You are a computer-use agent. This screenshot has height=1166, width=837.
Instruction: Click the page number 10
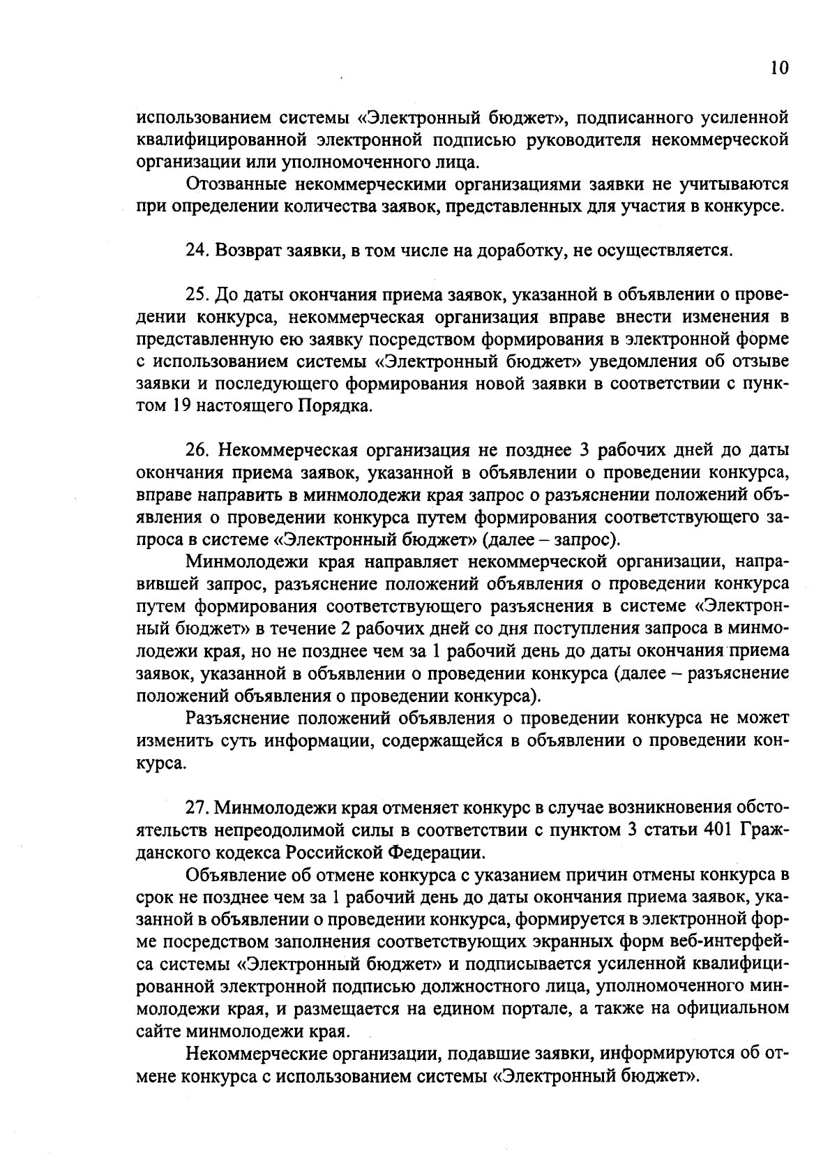tap(780, 68)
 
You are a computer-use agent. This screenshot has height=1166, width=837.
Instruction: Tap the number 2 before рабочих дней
tap(346, 629)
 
